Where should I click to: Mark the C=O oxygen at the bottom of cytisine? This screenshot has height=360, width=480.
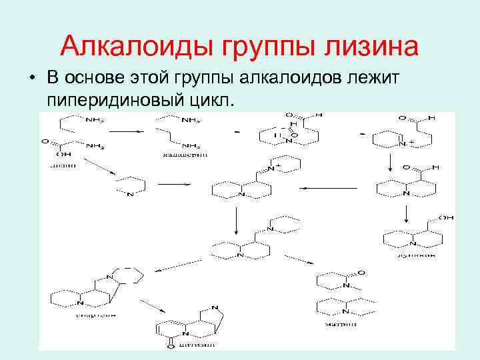[171, 346]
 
